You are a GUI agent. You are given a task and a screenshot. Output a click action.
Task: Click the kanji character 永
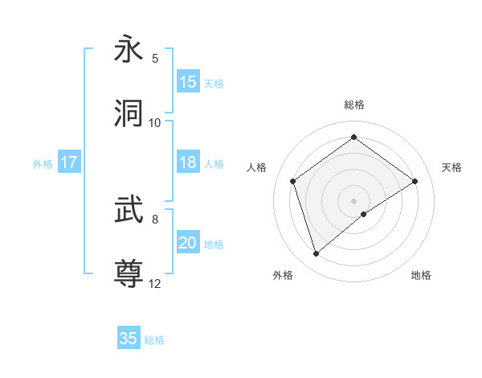[x=129, y=49]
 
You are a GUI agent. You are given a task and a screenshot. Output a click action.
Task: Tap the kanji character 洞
[x=129, y=113]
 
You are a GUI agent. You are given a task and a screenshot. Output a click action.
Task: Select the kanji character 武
[x=129, y=210]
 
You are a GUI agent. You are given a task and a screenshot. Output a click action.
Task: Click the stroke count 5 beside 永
[x=155, y=59]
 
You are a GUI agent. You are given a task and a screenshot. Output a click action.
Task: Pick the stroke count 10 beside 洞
[x=155, y=123]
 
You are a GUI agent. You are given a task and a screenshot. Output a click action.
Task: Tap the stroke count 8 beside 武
[x=155, y=219]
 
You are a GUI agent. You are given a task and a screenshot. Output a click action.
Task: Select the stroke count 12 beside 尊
[x=155, y=283]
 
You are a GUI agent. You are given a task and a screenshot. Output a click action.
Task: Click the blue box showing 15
[x=188, y=82]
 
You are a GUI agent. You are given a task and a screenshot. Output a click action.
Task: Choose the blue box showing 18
[x=188, y=162]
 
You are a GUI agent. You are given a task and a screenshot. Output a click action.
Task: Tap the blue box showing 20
[x=188, y=243]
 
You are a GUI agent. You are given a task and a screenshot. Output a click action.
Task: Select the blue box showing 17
[x=69, y=162]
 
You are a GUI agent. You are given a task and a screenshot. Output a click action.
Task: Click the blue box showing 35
[x=129, y=339]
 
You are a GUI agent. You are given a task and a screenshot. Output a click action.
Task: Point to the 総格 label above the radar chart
[x=354, y=105]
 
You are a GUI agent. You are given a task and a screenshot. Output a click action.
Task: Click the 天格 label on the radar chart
[x=452, y=167]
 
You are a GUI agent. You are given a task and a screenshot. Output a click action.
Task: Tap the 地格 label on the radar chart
[x=421, y=275]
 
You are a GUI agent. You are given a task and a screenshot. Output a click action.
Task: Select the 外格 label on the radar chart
[x=283, y=275]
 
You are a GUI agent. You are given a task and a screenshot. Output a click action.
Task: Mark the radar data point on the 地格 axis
[x=364, y=214]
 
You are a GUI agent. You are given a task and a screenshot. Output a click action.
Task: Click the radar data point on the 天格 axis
[x=415, y=181]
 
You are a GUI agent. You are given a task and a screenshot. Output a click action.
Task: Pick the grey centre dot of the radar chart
[x=354, y=200]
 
